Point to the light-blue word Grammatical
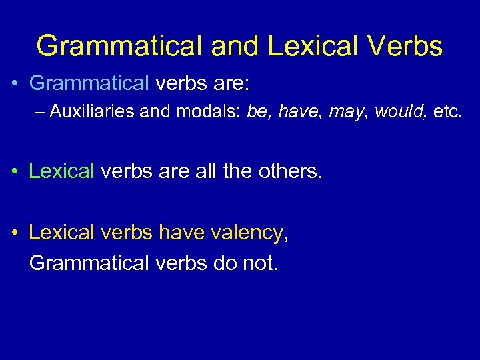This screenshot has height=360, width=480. point(89,83)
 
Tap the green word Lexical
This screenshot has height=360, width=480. point(62,171)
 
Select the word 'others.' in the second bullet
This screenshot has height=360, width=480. point(291,171)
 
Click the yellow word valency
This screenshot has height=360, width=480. point(247,233)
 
